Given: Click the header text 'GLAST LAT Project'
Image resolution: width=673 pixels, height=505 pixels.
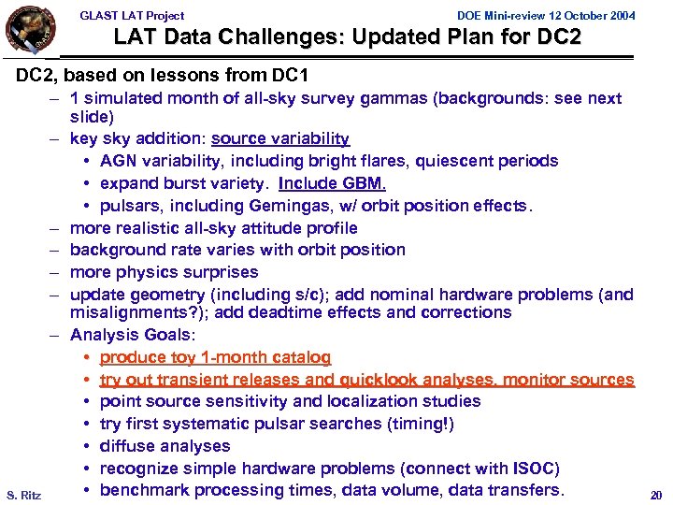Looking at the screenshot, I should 132,15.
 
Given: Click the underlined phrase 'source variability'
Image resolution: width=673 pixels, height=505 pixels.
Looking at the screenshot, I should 280,139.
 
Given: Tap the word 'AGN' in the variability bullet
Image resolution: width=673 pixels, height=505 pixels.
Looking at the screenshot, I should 118,162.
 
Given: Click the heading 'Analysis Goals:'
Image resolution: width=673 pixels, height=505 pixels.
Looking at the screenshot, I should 130,335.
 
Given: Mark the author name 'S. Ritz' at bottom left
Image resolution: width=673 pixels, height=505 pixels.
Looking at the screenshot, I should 23,494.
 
